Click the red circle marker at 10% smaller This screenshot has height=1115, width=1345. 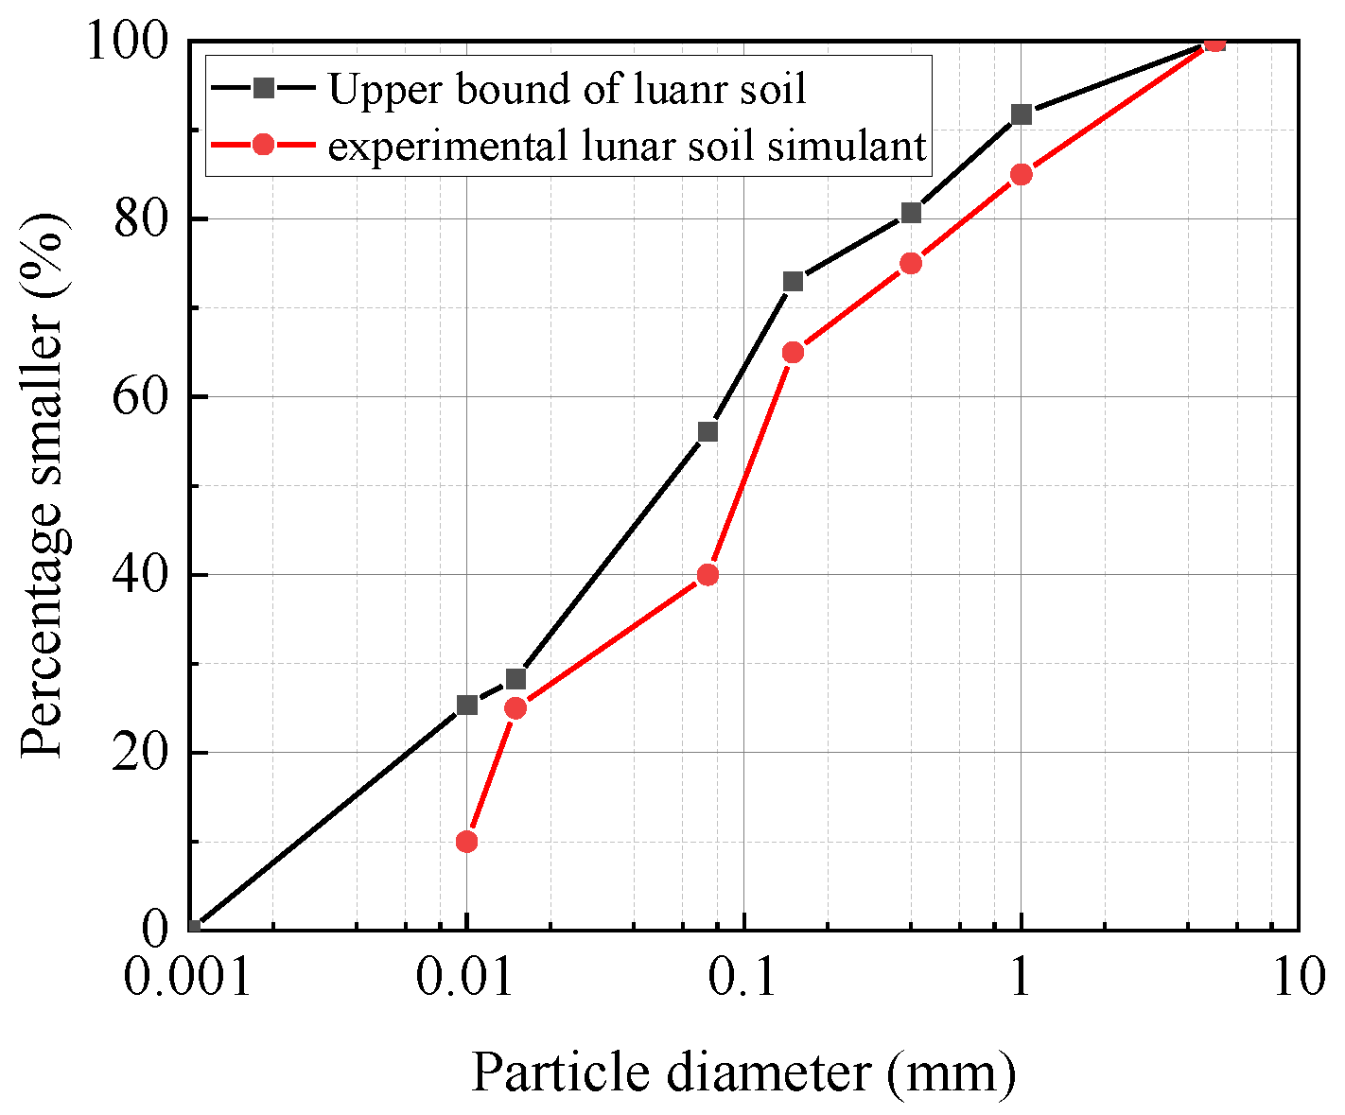coord(466,841)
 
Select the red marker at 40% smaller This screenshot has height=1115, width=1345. coord(707,574)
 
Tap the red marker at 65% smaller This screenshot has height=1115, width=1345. coord(793,352)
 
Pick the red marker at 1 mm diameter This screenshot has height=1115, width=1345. coord(1021,174)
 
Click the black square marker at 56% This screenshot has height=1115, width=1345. coord(707,431)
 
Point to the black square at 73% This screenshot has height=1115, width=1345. coord(793,281)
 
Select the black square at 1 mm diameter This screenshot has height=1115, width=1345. coord(1021,114)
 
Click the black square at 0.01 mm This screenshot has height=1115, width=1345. coord(466,705)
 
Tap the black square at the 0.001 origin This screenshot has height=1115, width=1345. coord(193,928)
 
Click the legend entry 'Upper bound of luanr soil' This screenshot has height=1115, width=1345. coord(567,89)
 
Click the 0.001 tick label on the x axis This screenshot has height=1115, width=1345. coord(188,980)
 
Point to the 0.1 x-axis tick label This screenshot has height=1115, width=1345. coord(743,980)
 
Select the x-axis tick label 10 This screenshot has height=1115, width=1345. coord(1298,980)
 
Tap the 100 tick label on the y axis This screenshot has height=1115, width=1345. coord(129,42)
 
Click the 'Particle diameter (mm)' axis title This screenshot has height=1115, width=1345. coord(743,1072)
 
